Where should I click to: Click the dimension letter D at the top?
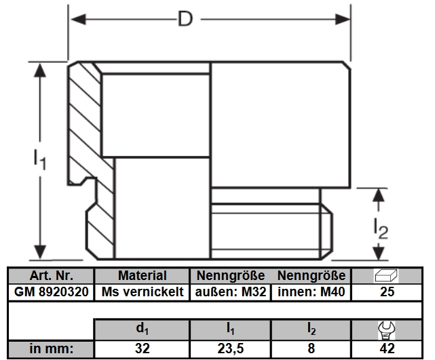click(x=185, y=19)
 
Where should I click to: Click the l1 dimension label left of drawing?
click(x=39, y=160)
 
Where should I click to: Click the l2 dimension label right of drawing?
click(x=381, y=230)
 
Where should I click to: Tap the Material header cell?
click(x=142, y=276)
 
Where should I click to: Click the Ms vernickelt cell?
click(x=142, y=292)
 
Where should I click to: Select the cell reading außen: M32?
click(x=231, y=292)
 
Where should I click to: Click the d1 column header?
click(x=142, y=330)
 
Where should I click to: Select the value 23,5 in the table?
click(x=231, y=350)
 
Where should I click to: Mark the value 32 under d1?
click(x=142, y=350)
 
